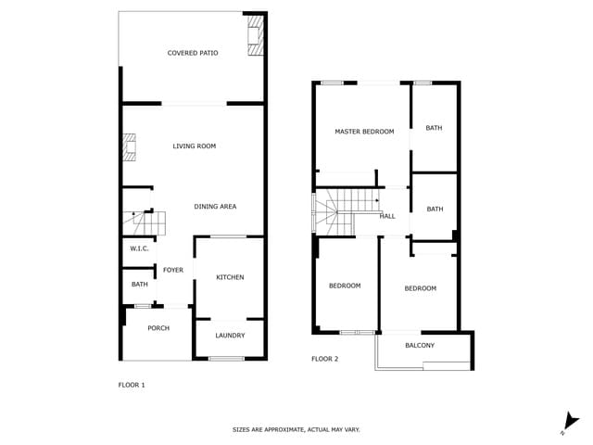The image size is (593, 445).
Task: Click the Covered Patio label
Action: pyautogui.click(x=193, y=53)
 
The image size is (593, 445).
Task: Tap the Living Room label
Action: pyautogui.click(x=195, y=146)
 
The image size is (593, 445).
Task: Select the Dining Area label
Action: pyautogui.click(x=215, y=206)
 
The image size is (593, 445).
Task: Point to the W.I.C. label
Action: pyautogui.click(x=139, y=248)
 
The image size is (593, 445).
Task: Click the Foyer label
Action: pyautogui.click(x=173, y=270)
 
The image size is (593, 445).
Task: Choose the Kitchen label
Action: pyautogui.click(x=230, y=277)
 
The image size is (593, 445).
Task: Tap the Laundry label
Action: pyautogui.click(x=230, y=335)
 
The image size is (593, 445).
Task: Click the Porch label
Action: pyautogui.click(x=158, y=327)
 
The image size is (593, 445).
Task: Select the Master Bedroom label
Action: pyautogui.click(x=364, y=132)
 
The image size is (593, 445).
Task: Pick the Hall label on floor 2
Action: pyautogui.click(x=387, y=216)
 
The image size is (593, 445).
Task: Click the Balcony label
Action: pyautogui.click(x=420, y=345)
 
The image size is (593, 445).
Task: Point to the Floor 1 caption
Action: pyautogui.click(x=132, y=384)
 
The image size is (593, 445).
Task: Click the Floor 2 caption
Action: pyautogui.click(x=324, y=358)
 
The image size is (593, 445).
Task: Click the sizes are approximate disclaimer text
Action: pyautogui.click(x=296, y=429)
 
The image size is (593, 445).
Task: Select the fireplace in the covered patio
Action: pyautogui.click(x=255, y=36)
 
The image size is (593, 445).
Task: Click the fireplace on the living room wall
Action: pyautogui.click(x=129, y=146)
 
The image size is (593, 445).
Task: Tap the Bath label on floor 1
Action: pyautogui.click(x=139, y=285)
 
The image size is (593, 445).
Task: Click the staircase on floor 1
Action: pyautogui.click(x=145, y=223)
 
